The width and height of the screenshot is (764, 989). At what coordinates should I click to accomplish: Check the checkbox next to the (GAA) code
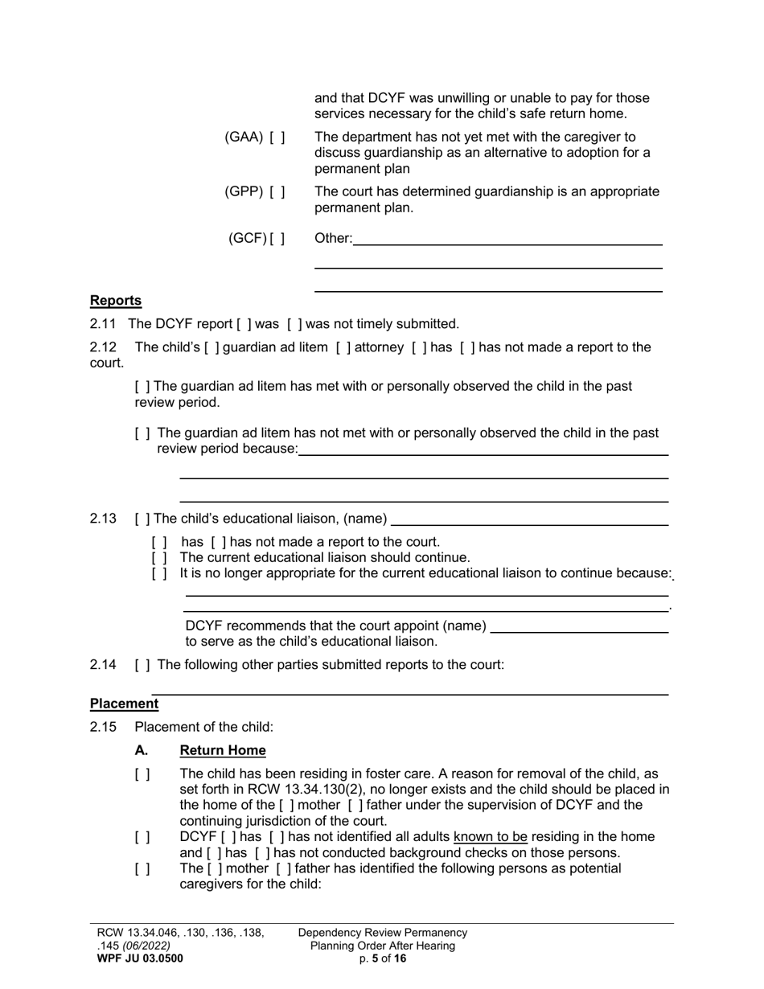[277, 137]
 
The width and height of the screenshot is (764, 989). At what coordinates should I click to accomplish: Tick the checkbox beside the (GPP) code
[277, 192]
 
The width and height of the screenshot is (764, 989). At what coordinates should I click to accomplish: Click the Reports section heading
[116, 301]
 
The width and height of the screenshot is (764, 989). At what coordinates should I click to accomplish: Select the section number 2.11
[102, 324]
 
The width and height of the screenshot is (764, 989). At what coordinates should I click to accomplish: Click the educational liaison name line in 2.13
[529, 519]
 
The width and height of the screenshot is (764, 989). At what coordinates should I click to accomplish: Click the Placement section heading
[124, 704]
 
